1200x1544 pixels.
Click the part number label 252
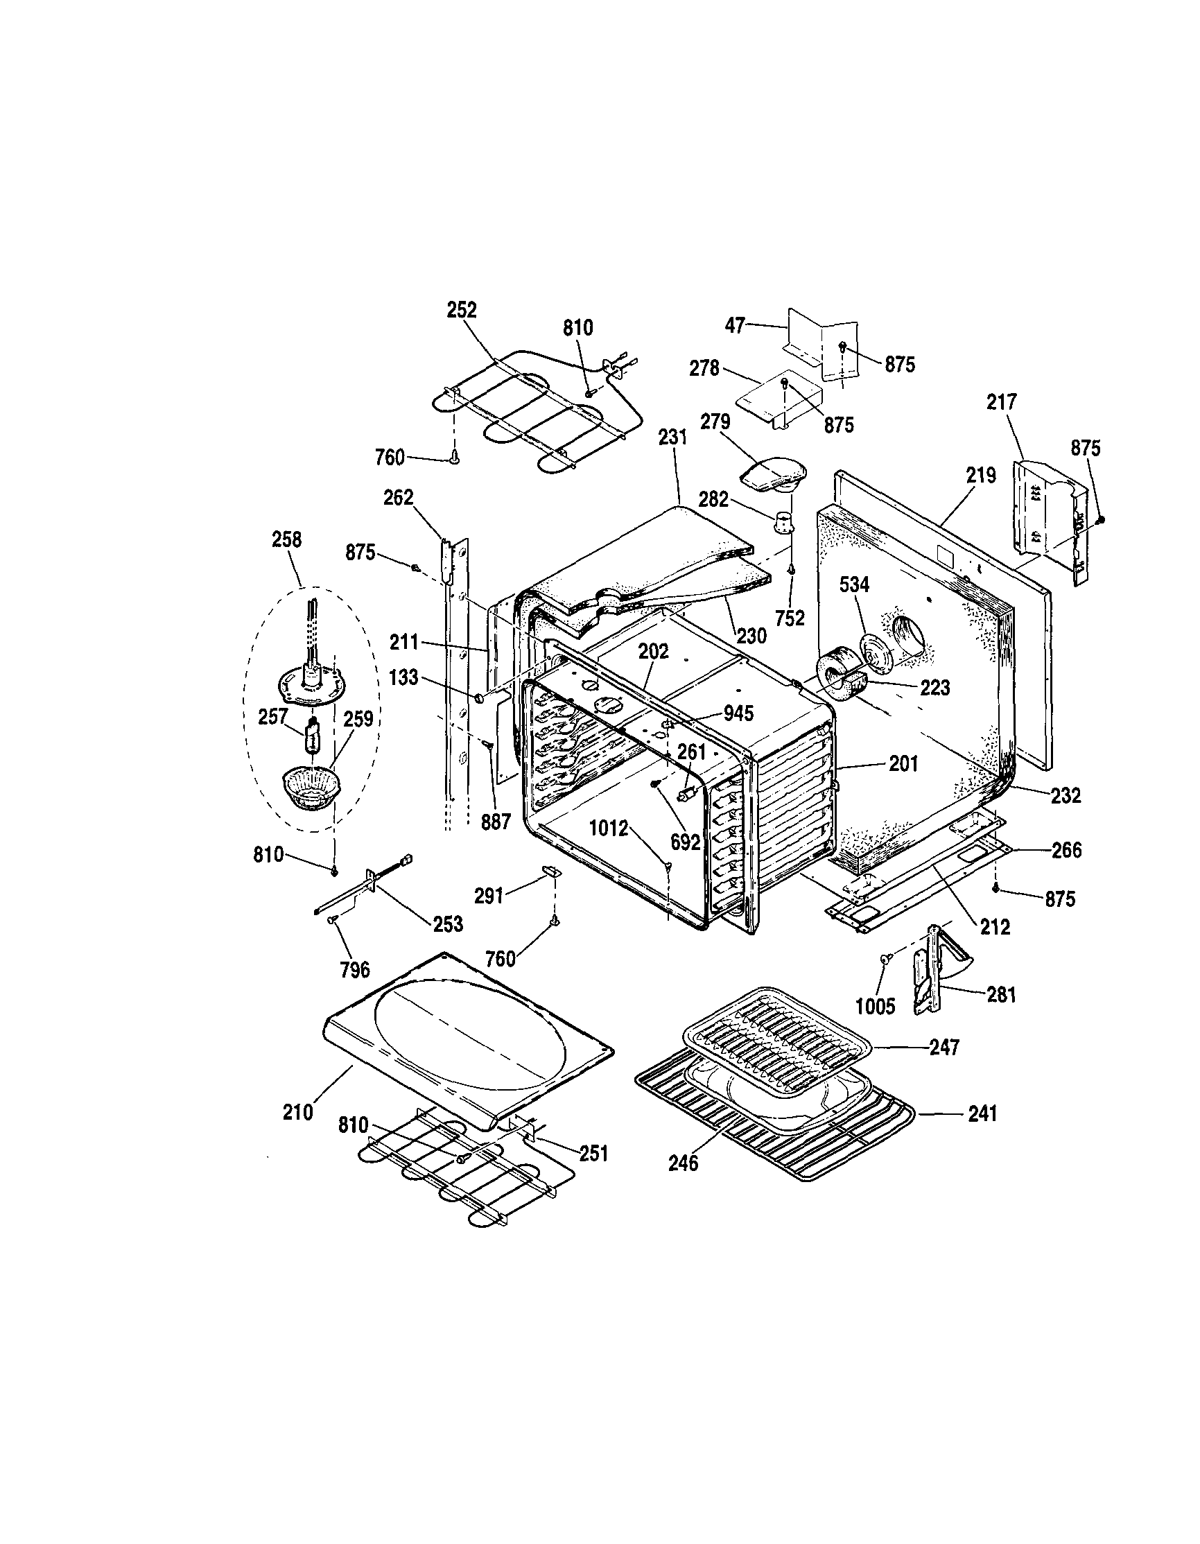[462, 311]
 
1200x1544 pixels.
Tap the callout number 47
[735, 326]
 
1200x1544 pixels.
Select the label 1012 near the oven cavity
[609, 828]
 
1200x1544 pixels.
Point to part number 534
[854, 584]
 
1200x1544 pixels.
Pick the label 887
[496, 823]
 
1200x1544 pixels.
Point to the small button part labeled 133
[479, 698]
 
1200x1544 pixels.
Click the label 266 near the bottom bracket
[1066, 850]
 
